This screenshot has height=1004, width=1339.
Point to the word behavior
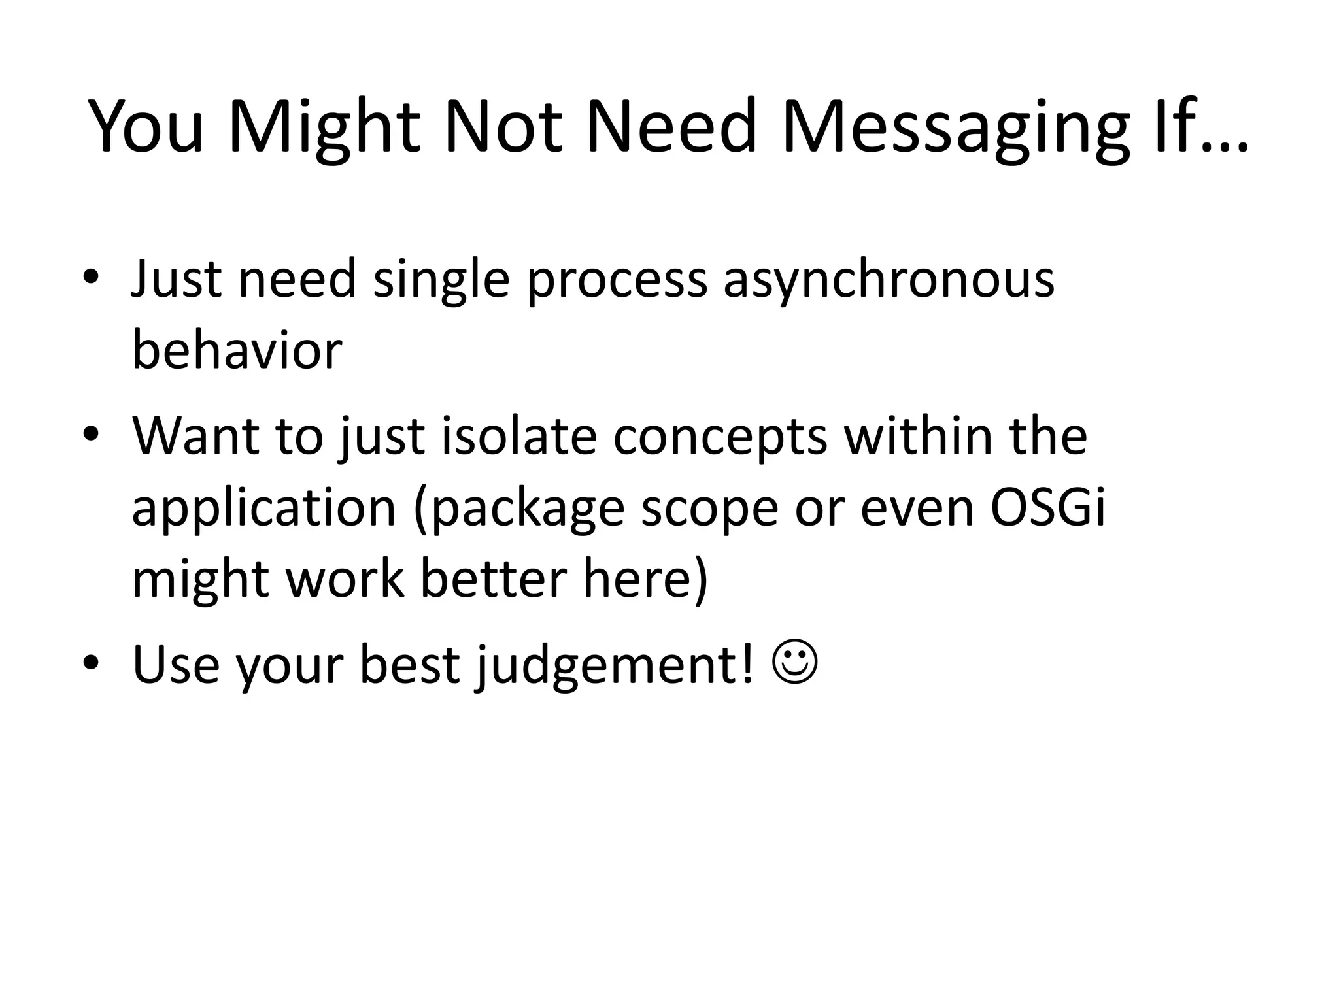coord(237,350)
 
